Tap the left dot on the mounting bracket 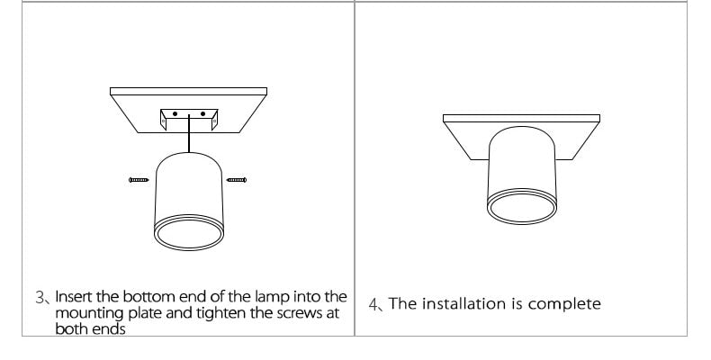click(175, 115)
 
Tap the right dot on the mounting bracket click(204, 115)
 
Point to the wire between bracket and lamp click(189, 140)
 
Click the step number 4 click(374, 304)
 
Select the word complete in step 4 click(566, 304)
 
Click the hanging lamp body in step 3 click(188, 184)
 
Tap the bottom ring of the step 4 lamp click(522, 205)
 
